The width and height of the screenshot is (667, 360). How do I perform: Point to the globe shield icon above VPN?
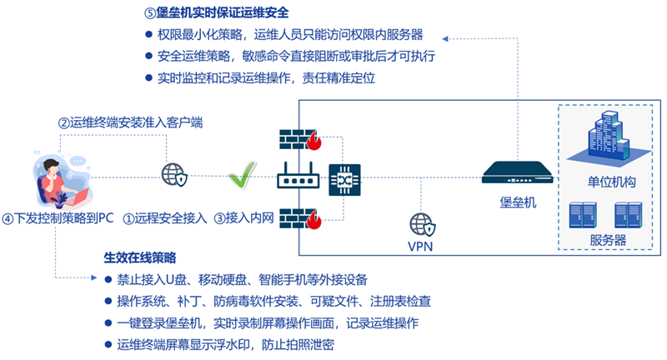[x=421, y=223]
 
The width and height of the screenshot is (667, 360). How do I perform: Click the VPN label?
[x=421, y=247]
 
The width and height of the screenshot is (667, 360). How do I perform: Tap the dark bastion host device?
[x=518, y=173]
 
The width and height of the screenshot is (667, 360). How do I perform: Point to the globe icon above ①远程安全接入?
[x=173, y=175]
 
